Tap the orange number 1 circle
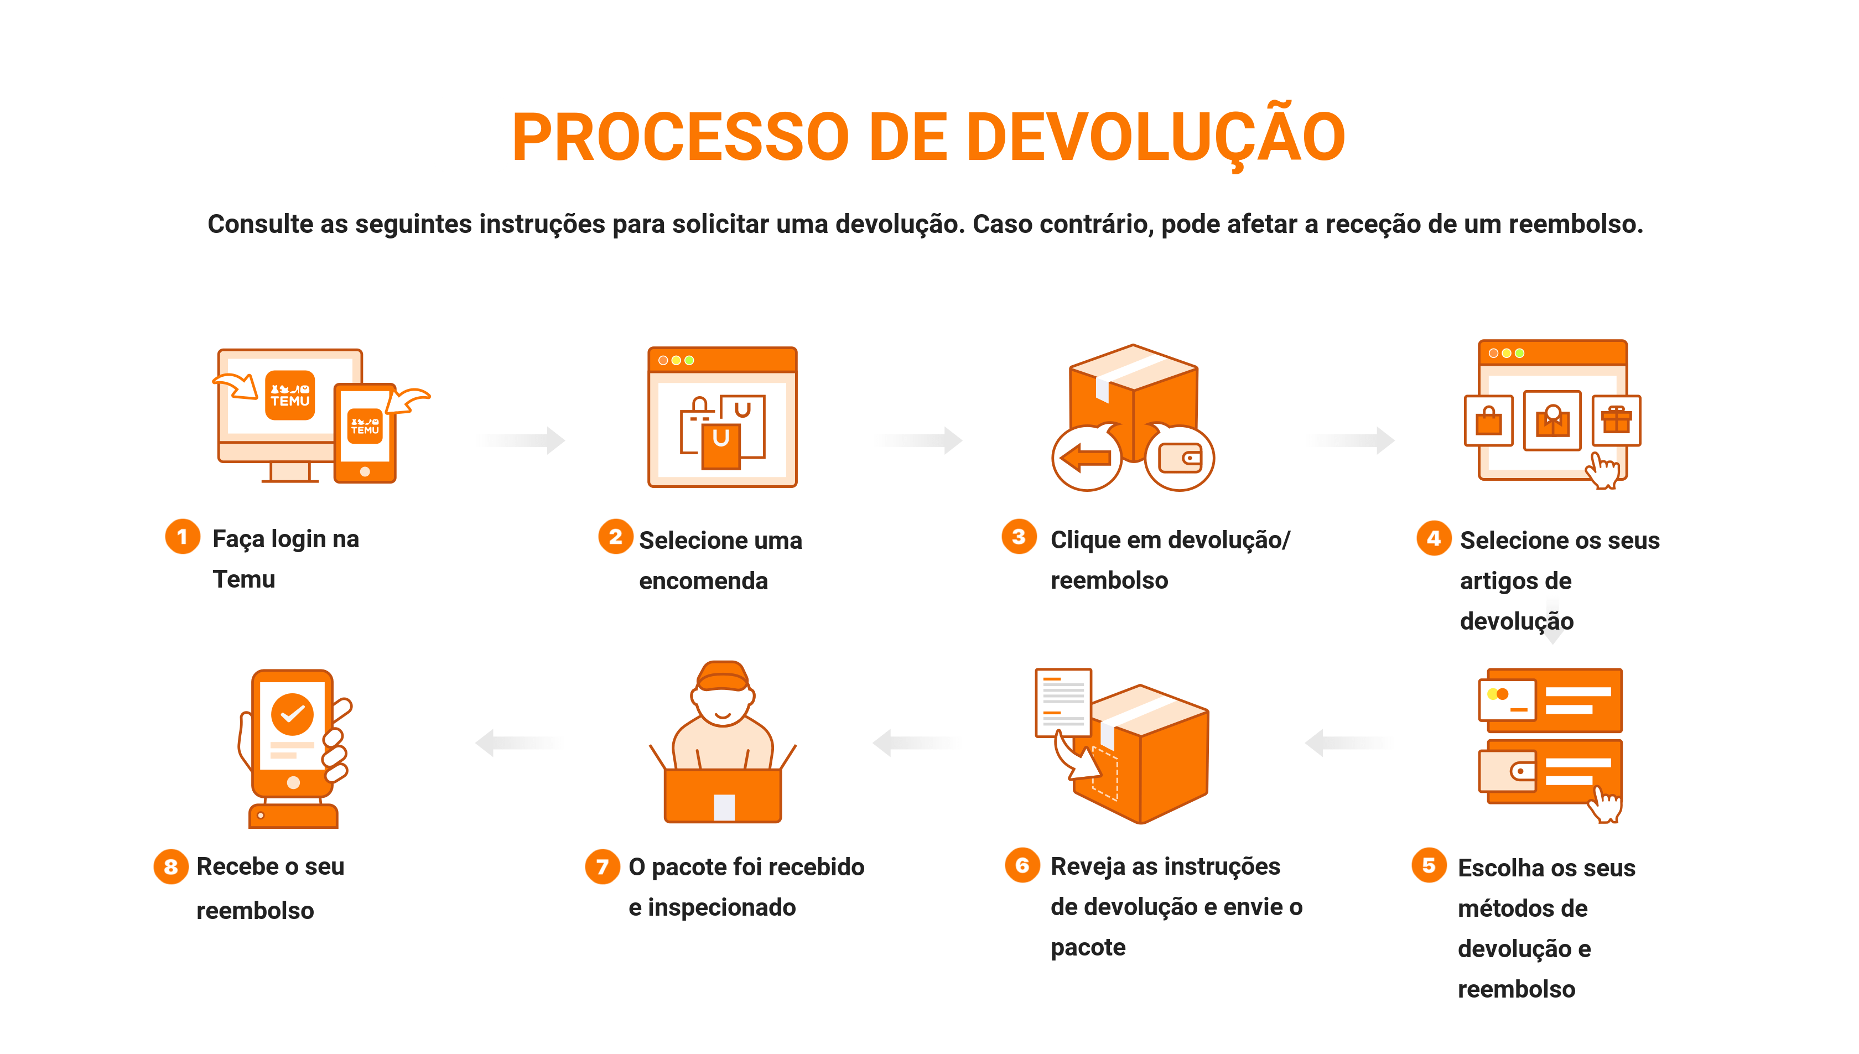pos(183,537)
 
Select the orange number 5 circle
pos(1429,865)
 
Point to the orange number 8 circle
pos(171,866)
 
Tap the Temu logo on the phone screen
pos(365,425)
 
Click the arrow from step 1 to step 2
pos(521,439)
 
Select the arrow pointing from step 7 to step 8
pos(520,743)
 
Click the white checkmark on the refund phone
pos(293,714)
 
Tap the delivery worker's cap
pos(723,676)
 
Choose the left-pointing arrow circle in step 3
pos(1086,458)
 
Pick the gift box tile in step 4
pos(1617,420)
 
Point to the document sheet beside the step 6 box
pos(1063,702)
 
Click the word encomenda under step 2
pos(703,580)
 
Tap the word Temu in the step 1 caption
pos(244,579)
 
